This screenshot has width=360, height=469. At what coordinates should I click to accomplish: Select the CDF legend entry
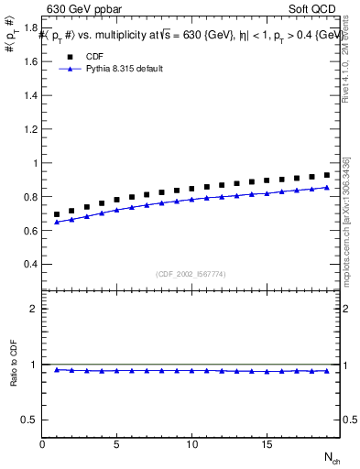(x=94, y=55)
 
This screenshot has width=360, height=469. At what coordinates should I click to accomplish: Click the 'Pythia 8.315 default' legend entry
(x=124, y=69)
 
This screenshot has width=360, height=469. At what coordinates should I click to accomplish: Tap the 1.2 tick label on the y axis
(x=31, y=129)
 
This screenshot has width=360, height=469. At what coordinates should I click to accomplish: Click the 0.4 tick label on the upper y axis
(x=31, y=264)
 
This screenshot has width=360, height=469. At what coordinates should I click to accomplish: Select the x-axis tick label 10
(x=191, y=444)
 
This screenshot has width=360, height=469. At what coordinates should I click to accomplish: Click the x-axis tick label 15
(x=266, y=444)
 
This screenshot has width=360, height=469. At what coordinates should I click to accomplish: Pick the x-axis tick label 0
(x=42, y=444)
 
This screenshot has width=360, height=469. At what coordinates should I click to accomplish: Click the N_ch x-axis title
(x=332, y=456)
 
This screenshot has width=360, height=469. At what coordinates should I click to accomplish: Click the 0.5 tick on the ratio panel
(x=31, y=420)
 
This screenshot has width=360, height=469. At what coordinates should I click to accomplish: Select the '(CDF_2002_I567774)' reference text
(x=192, y=273)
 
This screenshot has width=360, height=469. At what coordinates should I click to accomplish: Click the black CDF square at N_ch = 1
(x=57, y=214)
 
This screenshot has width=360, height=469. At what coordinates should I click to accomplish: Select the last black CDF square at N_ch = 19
(x=326, y=174)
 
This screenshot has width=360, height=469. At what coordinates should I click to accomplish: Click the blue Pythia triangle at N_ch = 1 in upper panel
(x=57, y=222)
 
